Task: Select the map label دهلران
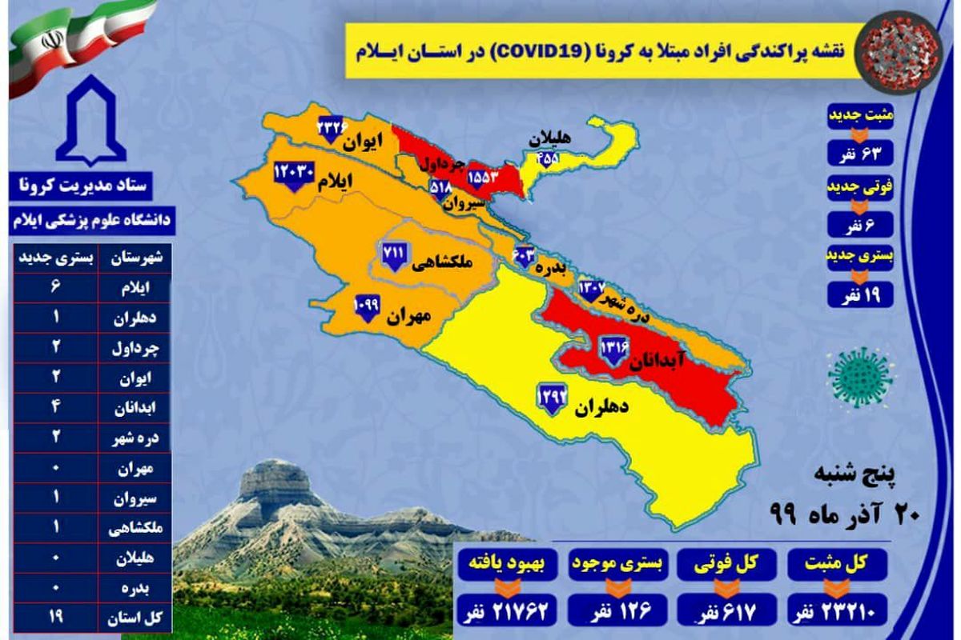(x=601, y=408)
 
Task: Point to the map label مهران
(x=408, y=316)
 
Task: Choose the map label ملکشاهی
(x=440, y=263)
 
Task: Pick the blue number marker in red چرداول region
(x=482, y=175)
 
